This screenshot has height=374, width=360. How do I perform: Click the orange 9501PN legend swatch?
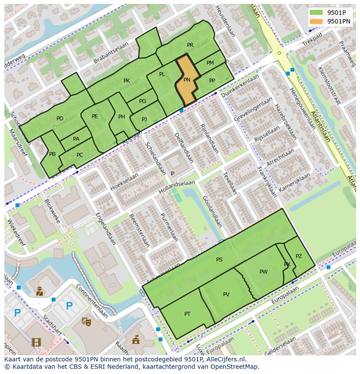point(316,21)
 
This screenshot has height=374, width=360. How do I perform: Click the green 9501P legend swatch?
point(316,12)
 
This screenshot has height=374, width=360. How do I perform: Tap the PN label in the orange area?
point(187,80)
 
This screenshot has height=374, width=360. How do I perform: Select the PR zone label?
point(190,45)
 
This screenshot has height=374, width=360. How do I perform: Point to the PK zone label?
point(127,81)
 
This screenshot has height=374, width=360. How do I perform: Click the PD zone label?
point(60,119)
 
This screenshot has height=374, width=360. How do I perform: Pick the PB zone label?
point(52,154)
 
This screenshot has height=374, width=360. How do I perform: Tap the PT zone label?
point(187,314)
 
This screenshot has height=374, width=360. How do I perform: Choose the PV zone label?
point(226,295)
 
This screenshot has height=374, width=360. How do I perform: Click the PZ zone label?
point(299,256)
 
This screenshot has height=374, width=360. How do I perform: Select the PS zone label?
point(219,260)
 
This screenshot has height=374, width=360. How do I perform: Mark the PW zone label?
point(263,272)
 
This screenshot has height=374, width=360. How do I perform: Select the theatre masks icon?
point(86,321)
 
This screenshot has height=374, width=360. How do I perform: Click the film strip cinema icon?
point(36,342)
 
